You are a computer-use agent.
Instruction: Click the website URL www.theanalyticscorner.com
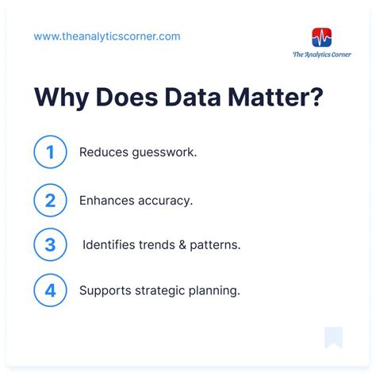click(107, 36)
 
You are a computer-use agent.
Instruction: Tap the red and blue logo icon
click(322, 37)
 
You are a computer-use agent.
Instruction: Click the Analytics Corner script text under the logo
click(322, 55)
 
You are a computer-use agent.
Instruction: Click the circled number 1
click(50, 153)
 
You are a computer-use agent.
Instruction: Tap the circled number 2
click(50, 199)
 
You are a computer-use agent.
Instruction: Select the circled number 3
click(50, 244)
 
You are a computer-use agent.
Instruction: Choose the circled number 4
click(50, 290)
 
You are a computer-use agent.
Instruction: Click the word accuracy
click(165, 200)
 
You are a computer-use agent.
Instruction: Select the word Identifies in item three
click(109, 245)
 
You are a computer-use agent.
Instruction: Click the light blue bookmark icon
click(333, 336)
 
